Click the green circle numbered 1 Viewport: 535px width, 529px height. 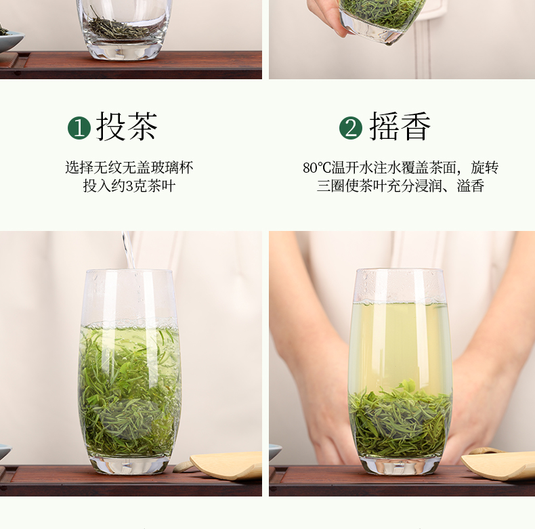(79, 128)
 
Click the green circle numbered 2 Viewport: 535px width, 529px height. (351, 128)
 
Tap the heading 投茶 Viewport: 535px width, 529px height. (127, 126)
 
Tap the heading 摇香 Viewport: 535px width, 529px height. (400, 126)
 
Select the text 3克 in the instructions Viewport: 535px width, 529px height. (133, 186)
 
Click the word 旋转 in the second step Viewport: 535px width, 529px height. (485, 168)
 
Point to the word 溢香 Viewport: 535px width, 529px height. (470, 186)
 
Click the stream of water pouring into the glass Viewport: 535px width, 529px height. (129, 250)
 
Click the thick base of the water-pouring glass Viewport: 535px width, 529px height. (129, 465)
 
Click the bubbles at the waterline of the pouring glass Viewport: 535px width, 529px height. (129, 322)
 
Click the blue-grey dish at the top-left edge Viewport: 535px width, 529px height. (9, 41)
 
